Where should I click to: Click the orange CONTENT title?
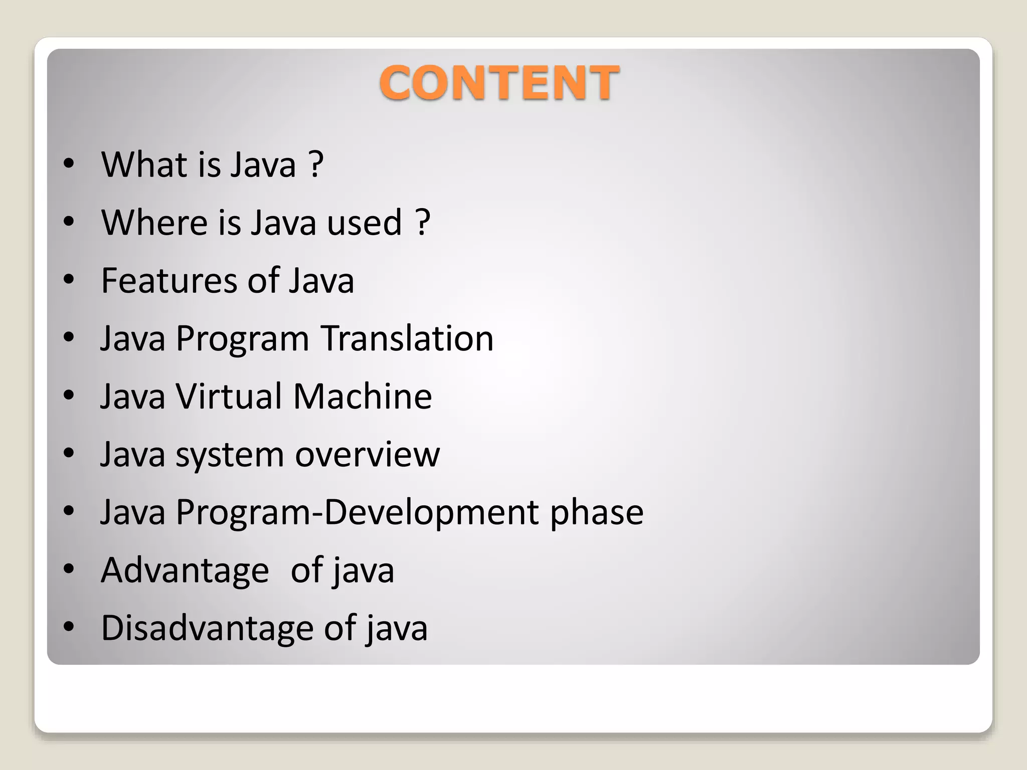coord(499,83)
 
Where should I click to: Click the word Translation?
coord(407,338)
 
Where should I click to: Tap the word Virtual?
coord(229,396)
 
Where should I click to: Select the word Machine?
coord(362,396)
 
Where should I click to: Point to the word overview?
coord(367,454)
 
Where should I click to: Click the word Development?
coord(431,513)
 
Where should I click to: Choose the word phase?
coord(596,513)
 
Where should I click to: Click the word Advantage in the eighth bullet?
coord(185,570)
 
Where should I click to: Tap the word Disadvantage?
coord(207,628)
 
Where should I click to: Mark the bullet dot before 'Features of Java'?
coord(69,280)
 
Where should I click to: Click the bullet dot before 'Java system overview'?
coord(69,453)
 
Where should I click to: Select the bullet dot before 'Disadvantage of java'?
coord(69,627)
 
